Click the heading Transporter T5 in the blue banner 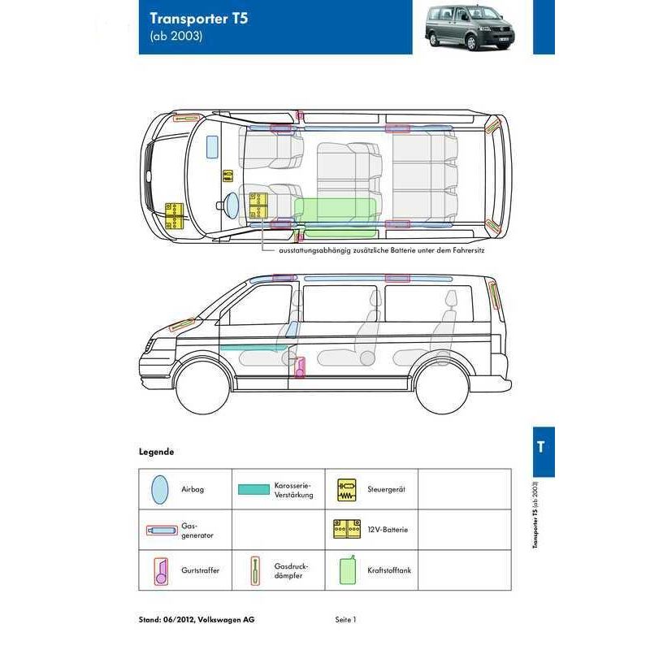(198, 19)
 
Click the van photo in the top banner (470, 27)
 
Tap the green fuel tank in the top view (336, 217)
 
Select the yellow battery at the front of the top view (174, 215)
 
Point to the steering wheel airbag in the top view (232, 206)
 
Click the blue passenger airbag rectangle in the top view (212, 147)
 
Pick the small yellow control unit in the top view (227, 175)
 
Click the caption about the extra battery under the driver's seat (381, 250)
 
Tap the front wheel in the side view (202, 387)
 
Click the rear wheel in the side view (442, 387)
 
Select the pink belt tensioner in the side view (299, 367)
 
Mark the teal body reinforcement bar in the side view (253, 347)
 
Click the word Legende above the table (156, 452)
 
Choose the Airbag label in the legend (193, 489)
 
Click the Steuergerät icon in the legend (347, 490)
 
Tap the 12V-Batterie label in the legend (388, 530)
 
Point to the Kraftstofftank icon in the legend (348, 570)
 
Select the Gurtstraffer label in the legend (200, 570)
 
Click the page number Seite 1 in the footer (346, 620)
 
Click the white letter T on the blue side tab (540, 447)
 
